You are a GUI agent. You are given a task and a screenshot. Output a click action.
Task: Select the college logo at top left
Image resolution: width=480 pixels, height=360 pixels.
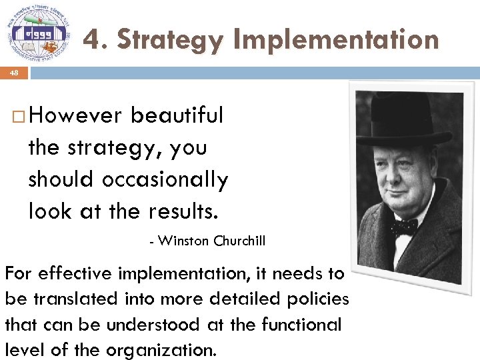click(39, 30)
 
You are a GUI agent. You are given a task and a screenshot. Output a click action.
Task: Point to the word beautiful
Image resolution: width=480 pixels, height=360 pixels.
click(177, 115)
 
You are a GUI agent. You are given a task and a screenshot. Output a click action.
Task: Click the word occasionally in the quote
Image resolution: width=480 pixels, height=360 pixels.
click(165, 179)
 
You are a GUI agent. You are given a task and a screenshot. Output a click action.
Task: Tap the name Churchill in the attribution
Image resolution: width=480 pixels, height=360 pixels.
click(239, 241)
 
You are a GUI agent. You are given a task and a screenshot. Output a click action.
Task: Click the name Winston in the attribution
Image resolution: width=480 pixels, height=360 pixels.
click(184, 241)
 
